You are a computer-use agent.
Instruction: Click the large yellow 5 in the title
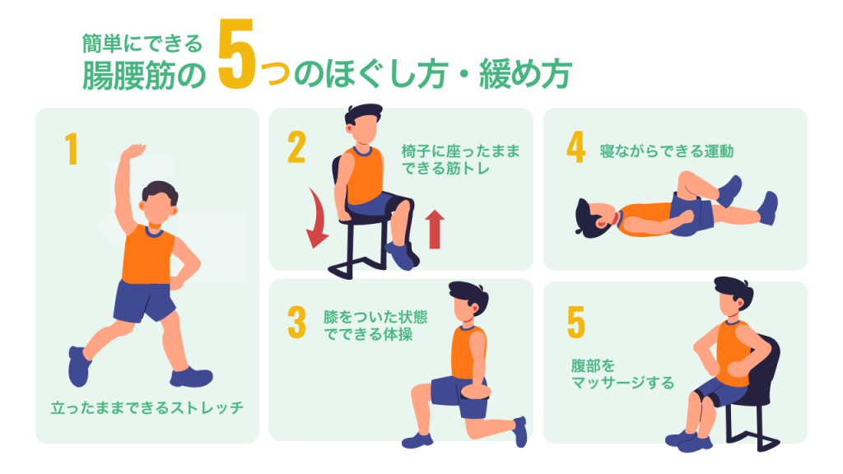pyautogui.click(x=236, y=55)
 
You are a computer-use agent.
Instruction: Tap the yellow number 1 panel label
pyautogui.click(x=72, y=149)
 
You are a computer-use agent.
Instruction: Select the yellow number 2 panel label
pyautogui.click(x=296, y=147)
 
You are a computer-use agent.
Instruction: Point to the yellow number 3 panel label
pyautogui.click(x=296, y=323)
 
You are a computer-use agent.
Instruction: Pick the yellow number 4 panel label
pyautogui.click(x=575, y=147)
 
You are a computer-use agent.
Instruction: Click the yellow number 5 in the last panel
pyautogui.click(x=575, y=323)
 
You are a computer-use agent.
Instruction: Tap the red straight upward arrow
pyautogui.click(x=435, y=230)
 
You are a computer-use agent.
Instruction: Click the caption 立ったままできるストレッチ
pyautogui.click(x=147, y=408)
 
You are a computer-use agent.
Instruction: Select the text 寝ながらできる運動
pyautogui.click(x=667, y=151)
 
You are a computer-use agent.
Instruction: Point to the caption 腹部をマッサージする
pyautogui.click(x=622, y=374)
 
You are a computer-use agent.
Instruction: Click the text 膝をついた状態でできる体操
pyautogui.click(x=375, y=326)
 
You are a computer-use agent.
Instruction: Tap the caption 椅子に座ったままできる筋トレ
pyautogui.click(x=461, y=160)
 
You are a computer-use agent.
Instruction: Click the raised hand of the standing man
pyautogui.click(x=133, y=151)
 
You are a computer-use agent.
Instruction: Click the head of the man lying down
pyautogui.click(x=594, y=217)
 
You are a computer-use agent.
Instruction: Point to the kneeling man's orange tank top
pyautogui.click(x=468, y=352)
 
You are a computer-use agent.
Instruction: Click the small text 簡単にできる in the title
pyautogui.click(x=142, y=44)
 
